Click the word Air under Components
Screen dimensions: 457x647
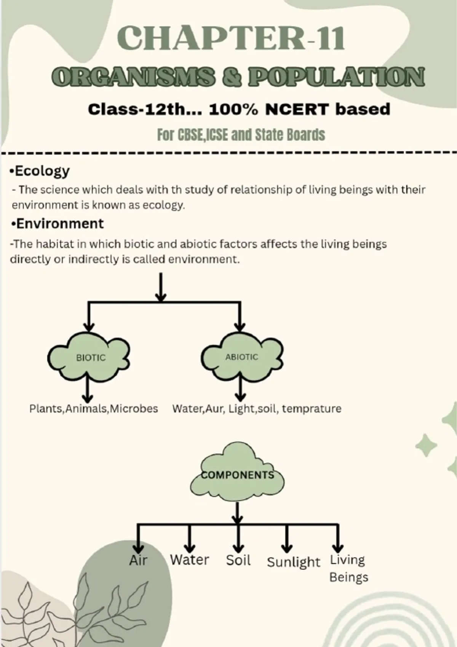pos(138,560)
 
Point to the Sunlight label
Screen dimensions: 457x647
pos(293,563)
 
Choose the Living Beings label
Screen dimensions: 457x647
pos(348,569)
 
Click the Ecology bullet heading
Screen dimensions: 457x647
pos(40,171)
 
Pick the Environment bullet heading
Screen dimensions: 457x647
pos(57,223)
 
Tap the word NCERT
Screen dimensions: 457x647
pos(297,110)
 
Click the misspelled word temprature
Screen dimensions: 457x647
pos(312,409)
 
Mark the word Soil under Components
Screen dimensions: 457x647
pos(238,560)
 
